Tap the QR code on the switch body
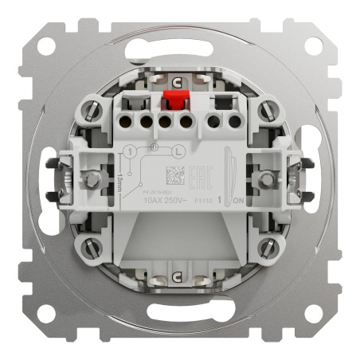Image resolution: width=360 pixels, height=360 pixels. (x=171, y=175)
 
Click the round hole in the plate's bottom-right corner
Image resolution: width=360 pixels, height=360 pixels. (x=312, y=313)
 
